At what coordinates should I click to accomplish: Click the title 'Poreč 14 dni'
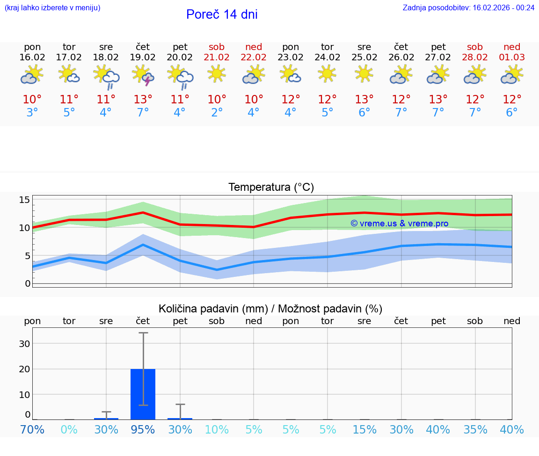click(222, 14)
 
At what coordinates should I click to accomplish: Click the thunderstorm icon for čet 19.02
click(143, 76)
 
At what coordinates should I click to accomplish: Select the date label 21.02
click(217, 57)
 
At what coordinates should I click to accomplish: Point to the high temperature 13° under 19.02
click(143, 99)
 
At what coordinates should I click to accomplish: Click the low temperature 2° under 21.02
click(217, 112)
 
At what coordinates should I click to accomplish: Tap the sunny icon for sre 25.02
click(364, 74)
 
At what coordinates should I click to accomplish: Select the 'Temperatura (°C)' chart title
click(271, 187)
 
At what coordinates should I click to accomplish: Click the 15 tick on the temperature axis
click(24, 200)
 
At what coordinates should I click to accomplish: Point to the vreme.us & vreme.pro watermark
click(399, 224)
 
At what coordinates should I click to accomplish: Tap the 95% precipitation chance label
click(143, 429)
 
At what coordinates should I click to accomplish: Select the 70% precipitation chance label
click(32, 429)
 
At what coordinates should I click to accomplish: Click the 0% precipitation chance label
click(69, 429)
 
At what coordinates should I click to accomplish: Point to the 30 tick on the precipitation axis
click(24, 343)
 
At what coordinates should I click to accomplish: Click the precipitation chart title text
click(270, 309)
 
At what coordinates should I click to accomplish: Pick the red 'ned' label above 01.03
click(512, 47)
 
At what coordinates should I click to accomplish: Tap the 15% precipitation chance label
click(364, 429)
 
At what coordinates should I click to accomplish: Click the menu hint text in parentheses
click(52, 7)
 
